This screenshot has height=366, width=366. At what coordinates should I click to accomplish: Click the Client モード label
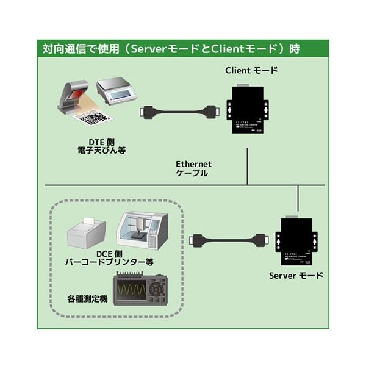[251, 70]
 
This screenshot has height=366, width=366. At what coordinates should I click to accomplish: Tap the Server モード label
[296, 275]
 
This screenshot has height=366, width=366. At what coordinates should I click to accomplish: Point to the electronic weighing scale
[115, 89]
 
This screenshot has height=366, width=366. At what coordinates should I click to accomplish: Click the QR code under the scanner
[95, 117]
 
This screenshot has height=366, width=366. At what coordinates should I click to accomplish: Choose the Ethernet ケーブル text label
[193, 168]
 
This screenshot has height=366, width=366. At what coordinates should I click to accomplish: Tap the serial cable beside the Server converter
[230, 240]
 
